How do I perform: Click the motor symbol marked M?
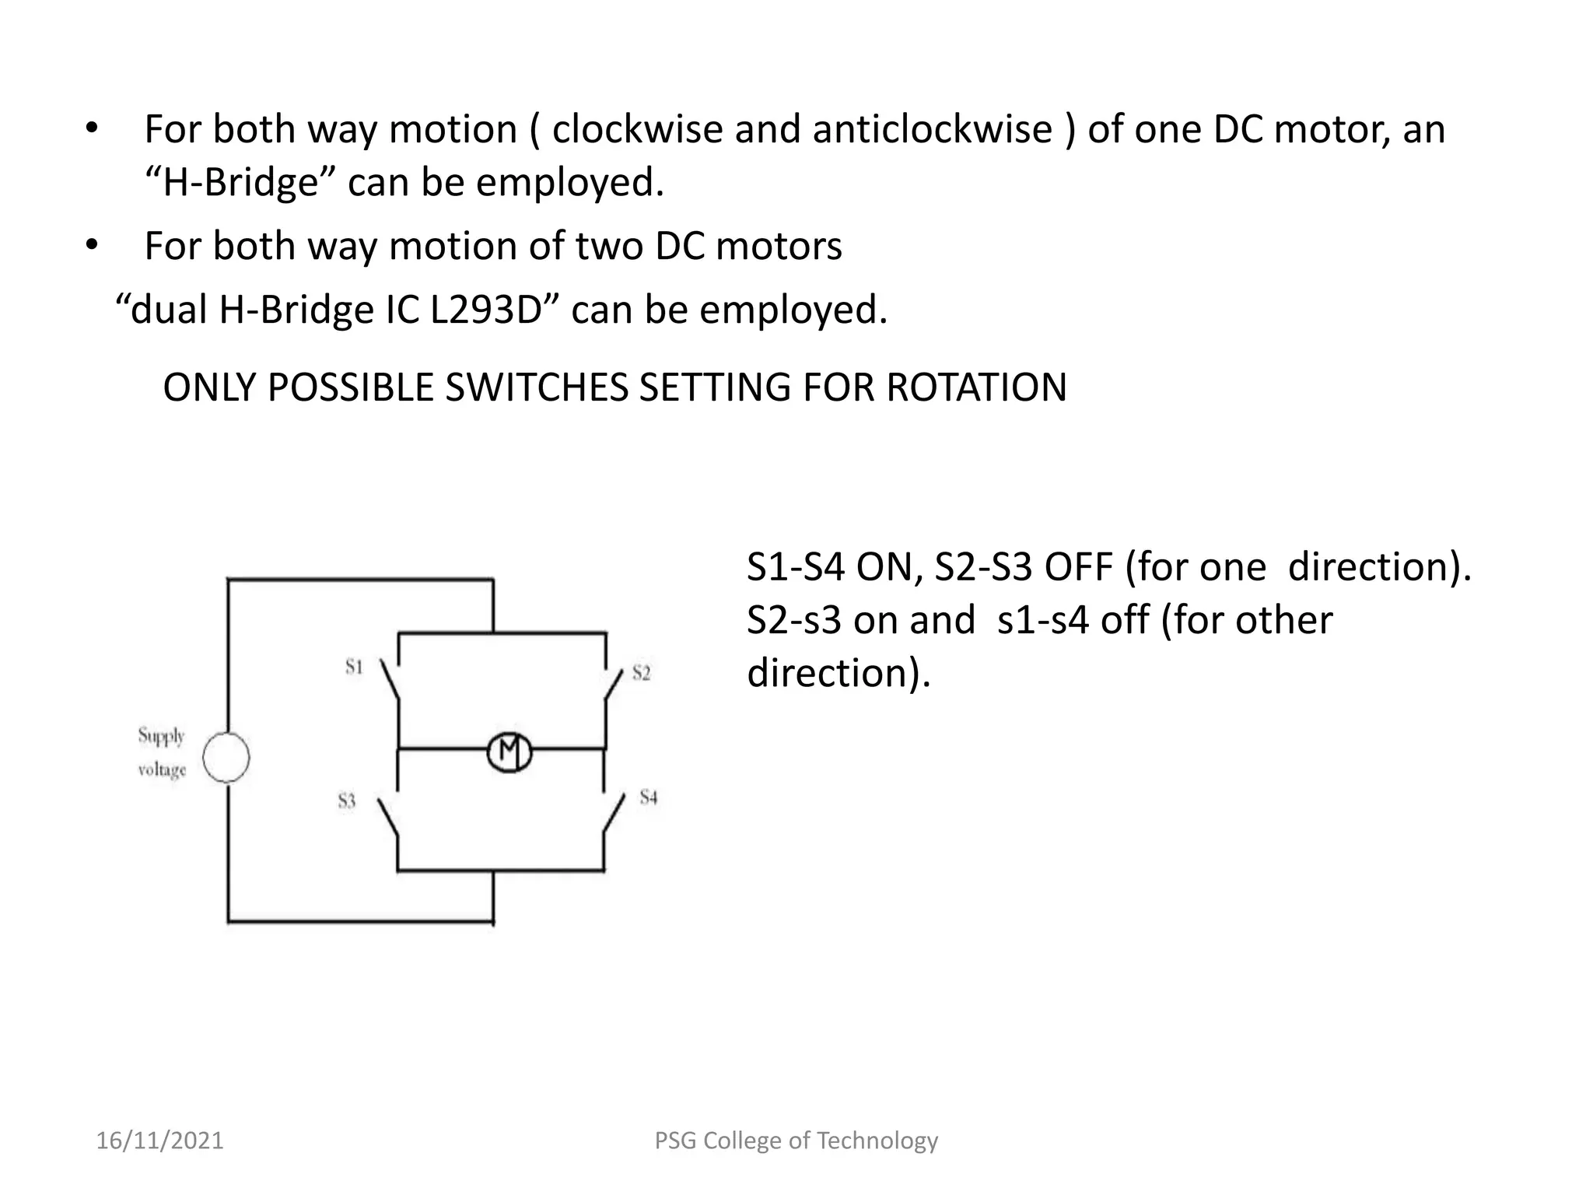tap(509, 752)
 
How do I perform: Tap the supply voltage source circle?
tap(226, 757)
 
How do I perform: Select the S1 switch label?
tap(354, 667)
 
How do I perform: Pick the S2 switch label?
tap(641, 673)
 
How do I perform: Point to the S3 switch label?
tap(347, 801)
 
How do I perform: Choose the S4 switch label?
tap(649, 797)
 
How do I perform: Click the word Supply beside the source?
tap(161, 736)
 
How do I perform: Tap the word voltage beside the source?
tap(162, 770)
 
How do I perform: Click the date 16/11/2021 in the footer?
tap(159, 1141)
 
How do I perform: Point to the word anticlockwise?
tap(932, 129)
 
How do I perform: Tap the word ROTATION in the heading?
tap(976, 387)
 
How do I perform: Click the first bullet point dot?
tap(91, 129)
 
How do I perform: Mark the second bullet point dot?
tap(91, 246)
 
